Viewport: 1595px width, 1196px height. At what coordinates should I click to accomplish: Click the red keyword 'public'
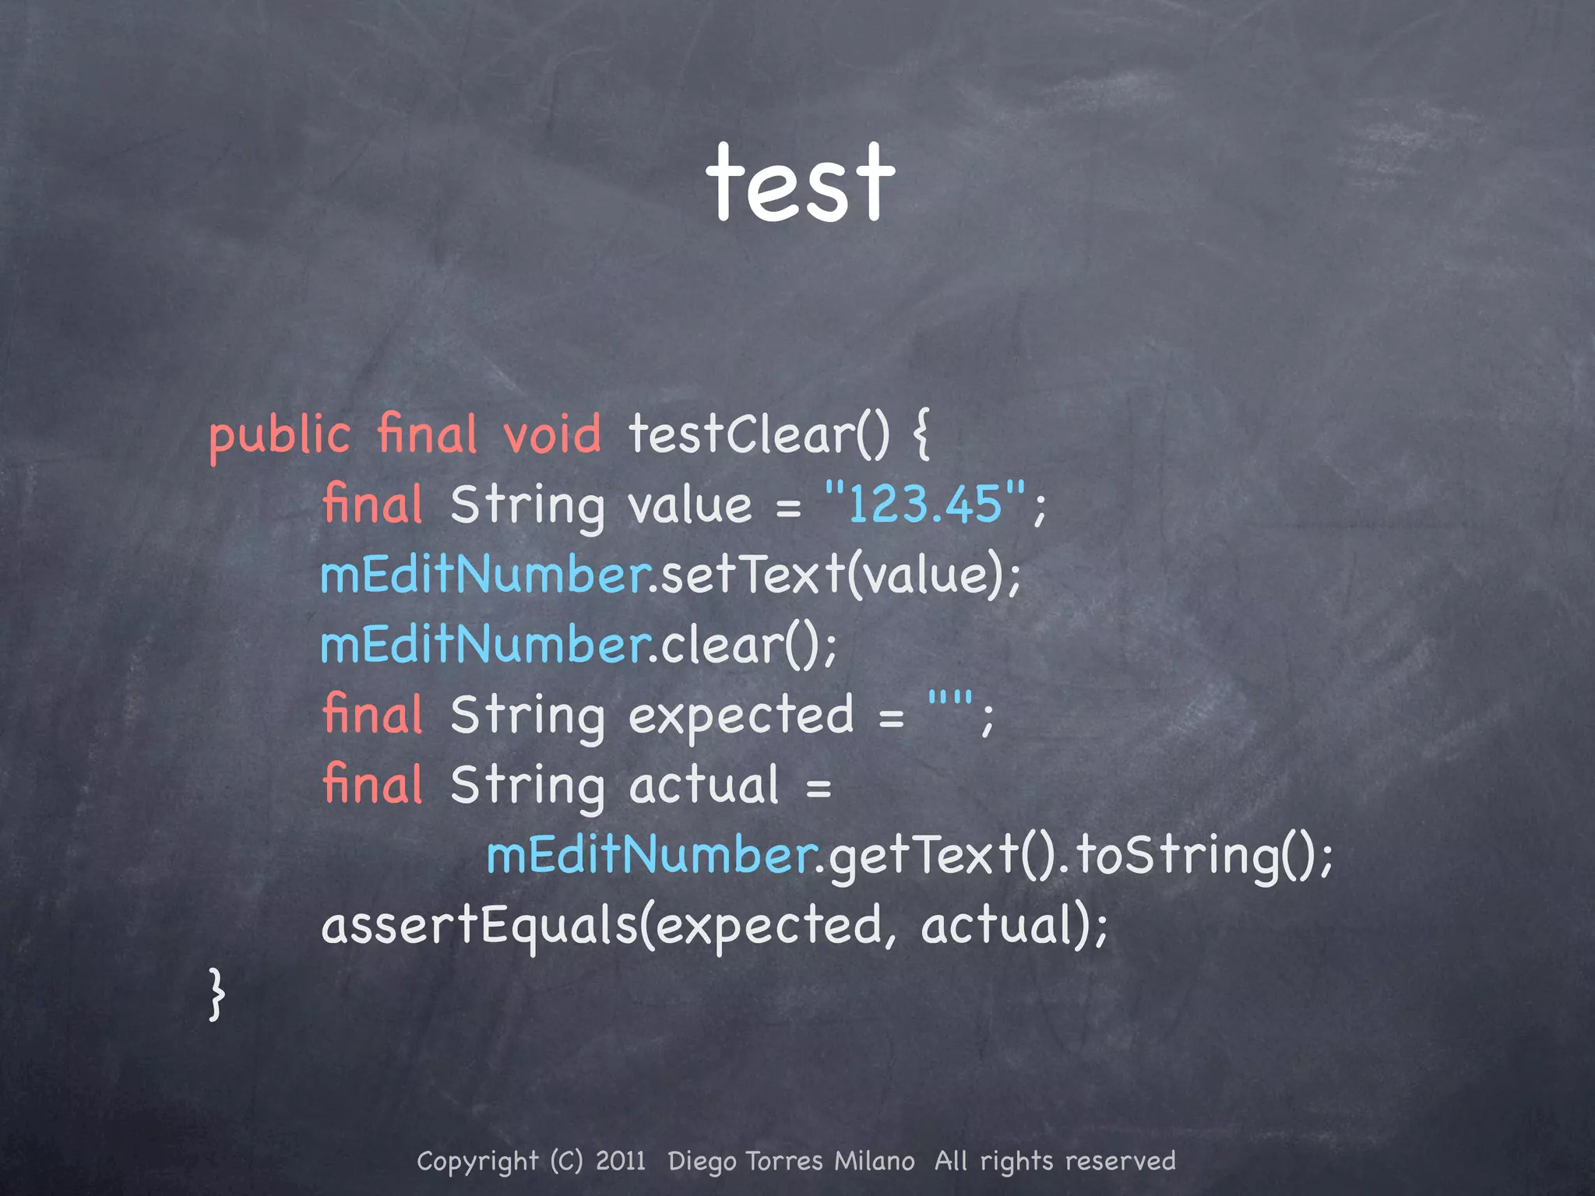coord(280,436)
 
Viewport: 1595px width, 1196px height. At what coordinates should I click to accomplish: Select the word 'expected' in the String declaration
coord(741,715)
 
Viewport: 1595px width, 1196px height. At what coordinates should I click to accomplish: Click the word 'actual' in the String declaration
coord(703,785)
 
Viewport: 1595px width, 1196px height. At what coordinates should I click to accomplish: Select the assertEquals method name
coord(479,926)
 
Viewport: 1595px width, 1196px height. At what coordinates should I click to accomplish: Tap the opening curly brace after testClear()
coord(921,436)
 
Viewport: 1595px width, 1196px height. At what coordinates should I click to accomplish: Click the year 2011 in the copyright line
coord(620,1161)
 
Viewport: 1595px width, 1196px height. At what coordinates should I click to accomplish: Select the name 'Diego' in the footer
coord(702,1162)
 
